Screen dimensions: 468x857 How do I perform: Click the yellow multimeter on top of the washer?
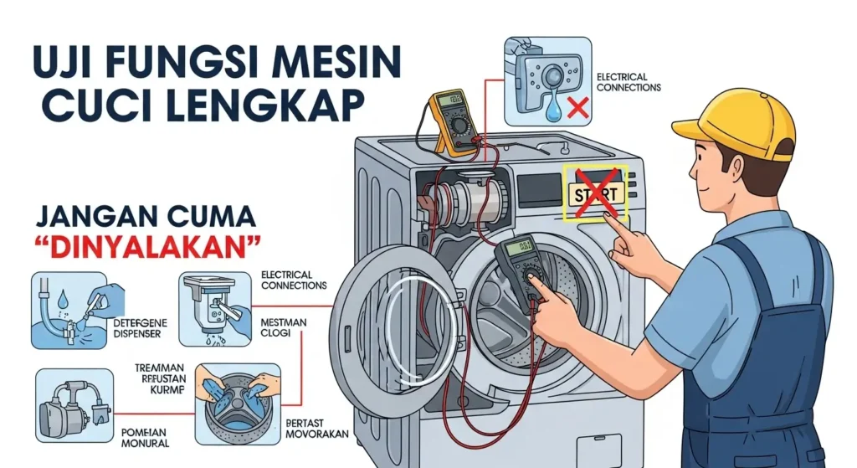(454, 122)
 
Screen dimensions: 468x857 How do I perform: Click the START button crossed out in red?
(595, 194)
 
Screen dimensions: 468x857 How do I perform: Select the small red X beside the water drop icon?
(575, 107)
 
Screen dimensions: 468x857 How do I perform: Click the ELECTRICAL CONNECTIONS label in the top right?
(629, 82)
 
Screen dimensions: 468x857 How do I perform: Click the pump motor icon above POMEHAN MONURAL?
(74, 405)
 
